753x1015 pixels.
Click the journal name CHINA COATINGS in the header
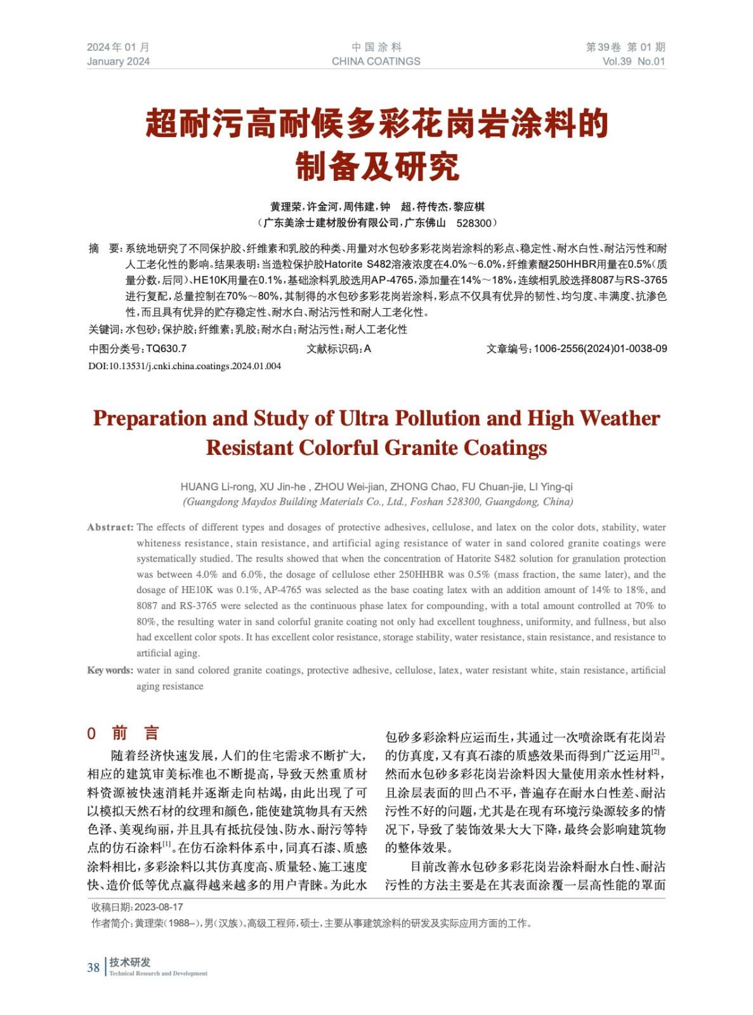[376, 62]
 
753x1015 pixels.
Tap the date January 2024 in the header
[118, 62]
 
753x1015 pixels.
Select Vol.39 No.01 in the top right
[633, 62]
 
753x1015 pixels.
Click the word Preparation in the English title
[150, 419]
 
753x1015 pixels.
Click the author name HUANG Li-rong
[217, 487]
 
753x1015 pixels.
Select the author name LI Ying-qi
[551, 487]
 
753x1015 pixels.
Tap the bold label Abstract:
[110, 527]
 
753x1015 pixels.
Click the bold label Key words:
[110, 671]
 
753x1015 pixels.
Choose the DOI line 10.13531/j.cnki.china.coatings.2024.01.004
[185, 366]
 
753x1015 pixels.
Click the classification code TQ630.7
[166, 348]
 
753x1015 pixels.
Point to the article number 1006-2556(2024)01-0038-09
[600, 348]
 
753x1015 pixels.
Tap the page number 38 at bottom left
[93, 967]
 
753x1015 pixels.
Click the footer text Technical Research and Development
[158, 973]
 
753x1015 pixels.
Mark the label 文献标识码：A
[338, 348]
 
